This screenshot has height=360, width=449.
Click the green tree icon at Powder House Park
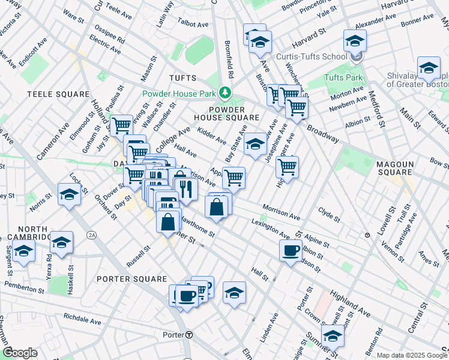pos(225,93)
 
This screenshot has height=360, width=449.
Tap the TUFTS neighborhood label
pos(182,78)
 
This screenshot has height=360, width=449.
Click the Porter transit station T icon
pos(188,334)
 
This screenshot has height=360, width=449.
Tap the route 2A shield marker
pos(92,235)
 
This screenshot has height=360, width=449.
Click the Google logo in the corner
pos(20,353)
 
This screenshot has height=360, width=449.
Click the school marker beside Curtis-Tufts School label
pos(355,41)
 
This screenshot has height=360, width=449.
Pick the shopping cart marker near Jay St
pos(121,125)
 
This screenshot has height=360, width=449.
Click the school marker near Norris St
pos(70,194)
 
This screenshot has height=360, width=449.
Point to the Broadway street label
pos(323,134)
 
